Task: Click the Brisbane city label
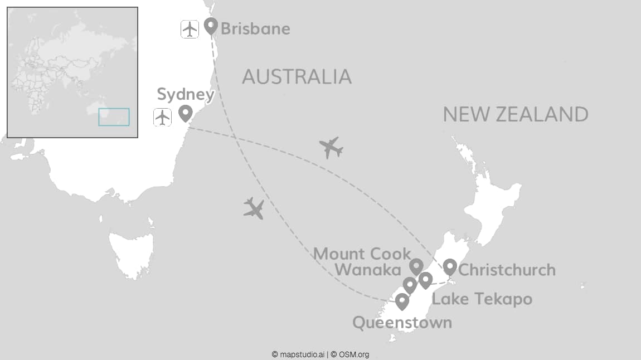[255, 28]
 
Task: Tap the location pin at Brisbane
[210, 25]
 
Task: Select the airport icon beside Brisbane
[190, 28]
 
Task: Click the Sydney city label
[185, 94]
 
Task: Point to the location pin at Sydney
[185, 113]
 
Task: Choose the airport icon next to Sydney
[162, 118]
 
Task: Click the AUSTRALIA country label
[297, 76]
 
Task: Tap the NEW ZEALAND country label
[516, 114]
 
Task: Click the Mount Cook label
[362, 254]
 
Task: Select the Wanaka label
[368, 270]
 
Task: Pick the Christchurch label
[507, 270]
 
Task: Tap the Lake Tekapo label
[482, 299]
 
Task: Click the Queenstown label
[402, 323]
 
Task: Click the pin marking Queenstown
[402, 301]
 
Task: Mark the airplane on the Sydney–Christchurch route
[331, 148]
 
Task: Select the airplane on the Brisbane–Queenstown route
[254, 208]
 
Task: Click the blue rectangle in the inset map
[114, 117]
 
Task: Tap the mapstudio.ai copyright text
[298, 354]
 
